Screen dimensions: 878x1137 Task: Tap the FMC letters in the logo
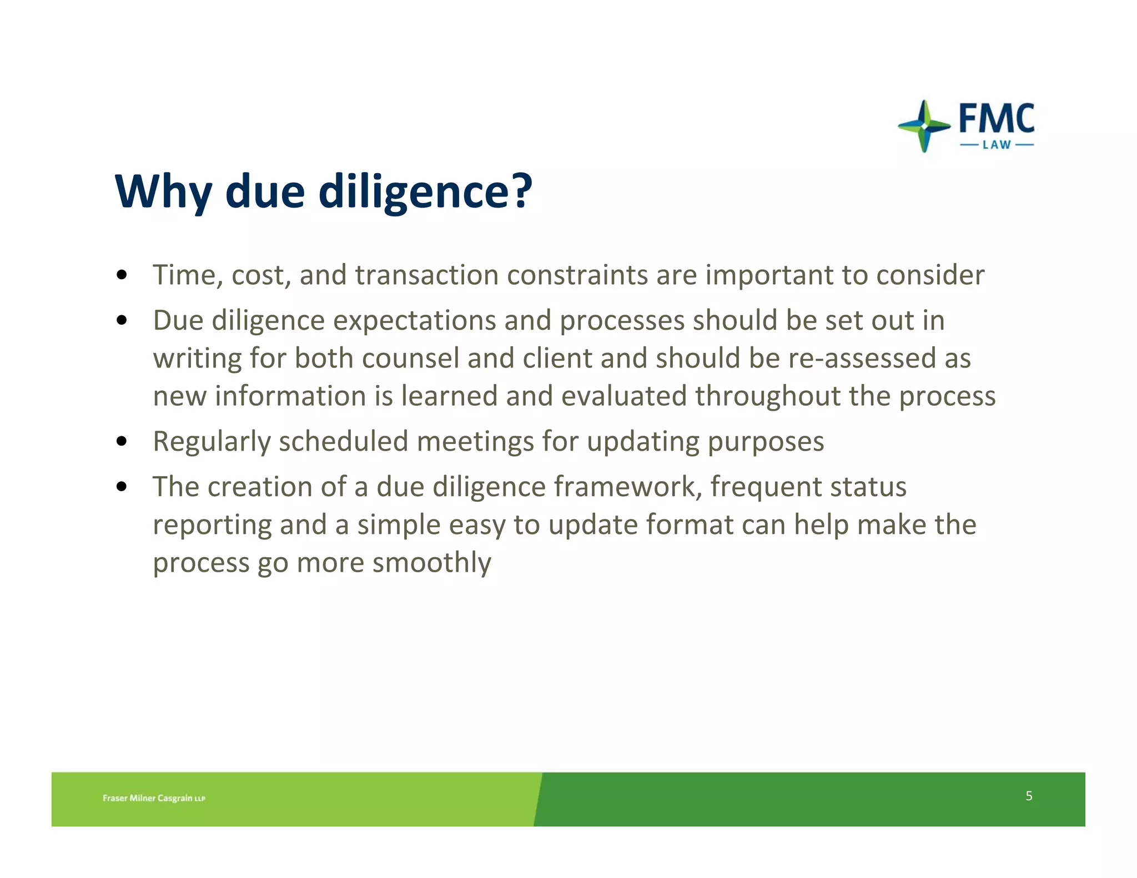coord(997,119)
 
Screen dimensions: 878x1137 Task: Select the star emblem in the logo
coord(924,127)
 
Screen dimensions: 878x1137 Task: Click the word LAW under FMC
coord(997,145)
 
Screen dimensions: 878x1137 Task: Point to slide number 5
coord(1029,796)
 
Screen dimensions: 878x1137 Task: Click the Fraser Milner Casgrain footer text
coord(154,798)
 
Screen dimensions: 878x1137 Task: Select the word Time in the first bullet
coord(184,275)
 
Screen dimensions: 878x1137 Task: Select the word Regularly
coord(212,442)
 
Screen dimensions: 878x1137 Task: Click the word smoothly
coord(431,563)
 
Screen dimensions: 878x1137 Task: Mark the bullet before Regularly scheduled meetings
coord(122,442)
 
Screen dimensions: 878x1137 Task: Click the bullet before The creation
coord(122,487)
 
